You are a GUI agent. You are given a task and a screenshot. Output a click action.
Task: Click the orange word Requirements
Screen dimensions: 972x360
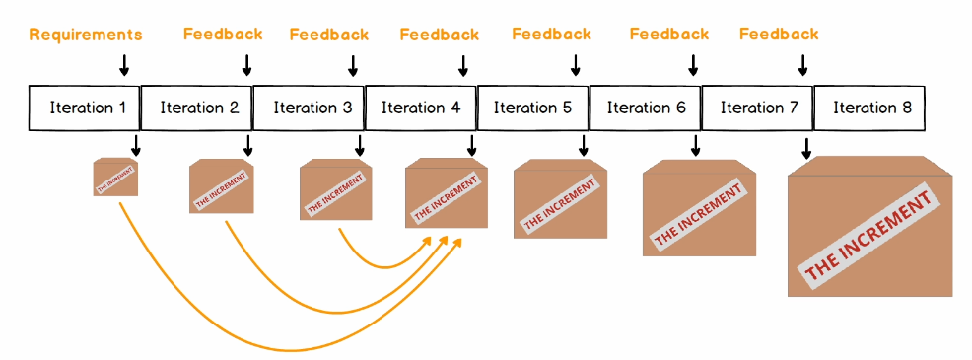[86, 35]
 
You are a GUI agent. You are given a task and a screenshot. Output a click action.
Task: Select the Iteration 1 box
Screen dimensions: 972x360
[85, 108]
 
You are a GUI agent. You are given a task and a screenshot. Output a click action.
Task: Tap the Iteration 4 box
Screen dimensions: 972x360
[421, 108]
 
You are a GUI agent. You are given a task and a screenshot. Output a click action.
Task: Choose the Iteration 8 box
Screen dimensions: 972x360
[871, 108]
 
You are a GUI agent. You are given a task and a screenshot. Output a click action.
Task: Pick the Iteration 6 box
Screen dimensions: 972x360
[646, 108]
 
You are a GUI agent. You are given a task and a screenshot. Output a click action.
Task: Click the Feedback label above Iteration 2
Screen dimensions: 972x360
[223, 35]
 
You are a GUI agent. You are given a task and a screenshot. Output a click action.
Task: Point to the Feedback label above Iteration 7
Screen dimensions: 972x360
[779, 35]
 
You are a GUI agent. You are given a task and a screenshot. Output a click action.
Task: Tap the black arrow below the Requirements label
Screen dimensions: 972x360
[124, 65]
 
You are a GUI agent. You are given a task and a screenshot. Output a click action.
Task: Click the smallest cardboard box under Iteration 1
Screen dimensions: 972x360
[115, 178]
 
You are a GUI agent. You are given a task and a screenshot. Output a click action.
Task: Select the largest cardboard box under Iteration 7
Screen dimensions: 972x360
[869, 227]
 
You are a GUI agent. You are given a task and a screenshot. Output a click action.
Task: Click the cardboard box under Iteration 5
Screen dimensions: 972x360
[560, 198]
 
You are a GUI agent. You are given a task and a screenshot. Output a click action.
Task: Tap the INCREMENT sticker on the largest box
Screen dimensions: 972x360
[869, 236]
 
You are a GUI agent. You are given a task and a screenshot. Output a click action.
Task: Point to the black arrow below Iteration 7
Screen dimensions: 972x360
[806, 148]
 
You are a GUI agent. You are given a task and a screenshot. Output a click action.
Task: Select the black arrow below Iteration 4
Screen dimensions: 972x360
[471, 145]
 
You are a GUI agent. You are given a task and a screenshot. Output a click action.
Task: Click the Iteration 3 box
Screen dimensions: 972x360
[310, 108]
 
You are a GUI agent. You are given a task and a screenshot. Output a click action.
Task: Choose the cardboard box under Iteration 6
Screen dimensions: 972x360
[699, 208]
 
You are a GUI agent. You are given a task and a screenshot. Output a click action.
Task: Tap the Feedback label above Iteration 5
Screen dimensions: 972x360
[552, 35]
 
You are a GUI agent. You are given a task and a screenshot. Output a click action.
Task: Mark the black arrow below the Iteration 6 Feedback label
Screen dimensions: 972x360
[693, 65]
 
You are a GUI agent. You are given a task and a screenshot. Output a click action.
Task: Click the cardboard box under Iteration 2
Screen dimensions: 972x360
[221, 186]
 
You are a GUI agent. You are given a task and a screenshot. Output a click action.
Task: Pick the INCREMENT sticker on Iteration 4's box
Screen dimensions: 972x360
[447, 197]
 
